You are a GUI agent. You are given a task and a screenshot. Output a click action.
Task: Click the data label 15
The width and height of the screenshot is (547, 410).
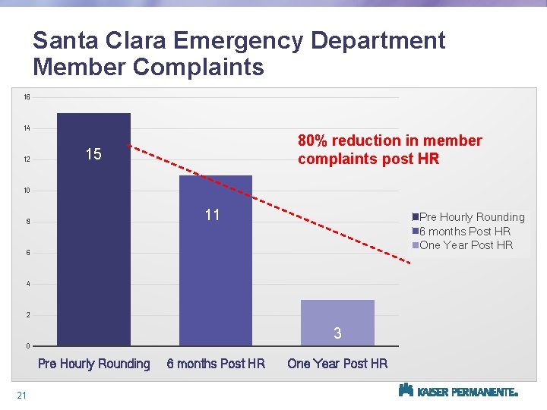pos(93,155)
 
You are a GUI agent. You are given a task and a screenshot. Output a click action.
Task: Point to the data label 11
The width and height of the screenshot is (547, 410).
pos(212,215)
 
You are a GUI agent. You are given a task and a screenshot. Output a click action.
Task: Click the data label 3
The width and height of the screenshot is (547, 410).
pos(337,333)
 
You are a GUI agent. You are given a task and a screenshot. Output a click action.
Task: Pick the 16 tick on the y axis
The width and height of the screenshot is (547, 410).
pos(27,97)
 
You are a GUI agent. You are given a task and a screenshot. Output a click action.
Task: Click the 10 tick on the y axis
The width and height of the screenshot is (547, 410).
pos(27,191)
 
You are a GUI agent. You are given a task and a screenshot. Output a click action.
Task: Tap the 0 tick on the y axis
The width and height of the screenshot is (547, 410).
pos(27,347)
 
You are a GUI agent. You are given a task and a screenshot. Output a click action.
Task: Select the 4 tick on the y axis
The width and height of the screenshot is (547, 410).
pos(27,285)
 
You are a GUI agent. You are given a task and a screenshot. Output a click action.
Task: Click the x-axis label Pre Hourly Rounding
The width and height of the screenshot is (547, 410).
pos(94,364)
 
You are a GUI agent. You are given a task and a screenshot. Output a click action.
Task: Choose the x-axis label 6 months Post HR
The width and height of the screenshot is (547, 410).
pos(216,364)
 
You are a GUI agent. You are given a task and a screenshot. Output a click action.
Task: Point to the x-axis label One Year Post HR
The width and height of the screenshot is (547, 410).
pos(337,364)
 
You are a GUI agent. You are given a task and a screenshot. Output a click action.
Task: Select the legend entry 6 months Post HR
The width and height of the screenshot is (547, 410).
pos(465,231)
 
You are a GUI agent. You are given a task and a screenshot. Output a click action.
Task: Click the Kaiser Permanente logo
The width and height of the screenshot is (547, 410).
pos(458,391)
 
